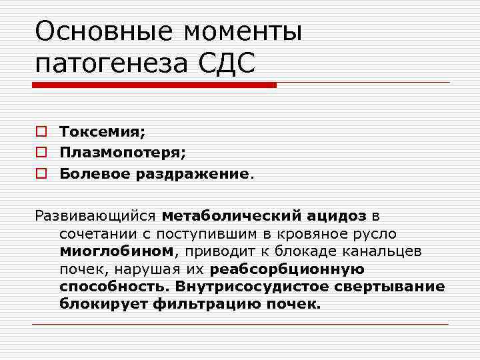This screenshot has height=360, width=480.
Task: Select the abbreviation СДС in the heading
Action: tap(227, 64)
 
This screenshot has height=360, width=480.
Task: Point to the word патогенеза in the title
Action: tap(111, 64)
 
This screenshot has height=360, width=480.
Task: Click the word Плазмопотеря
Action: tap(123, 153)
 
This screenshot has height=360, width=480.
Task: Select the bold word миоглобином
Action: tap(116, 251)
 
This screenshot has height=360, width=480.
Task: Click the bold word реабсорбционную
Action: tap(287, 269)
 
